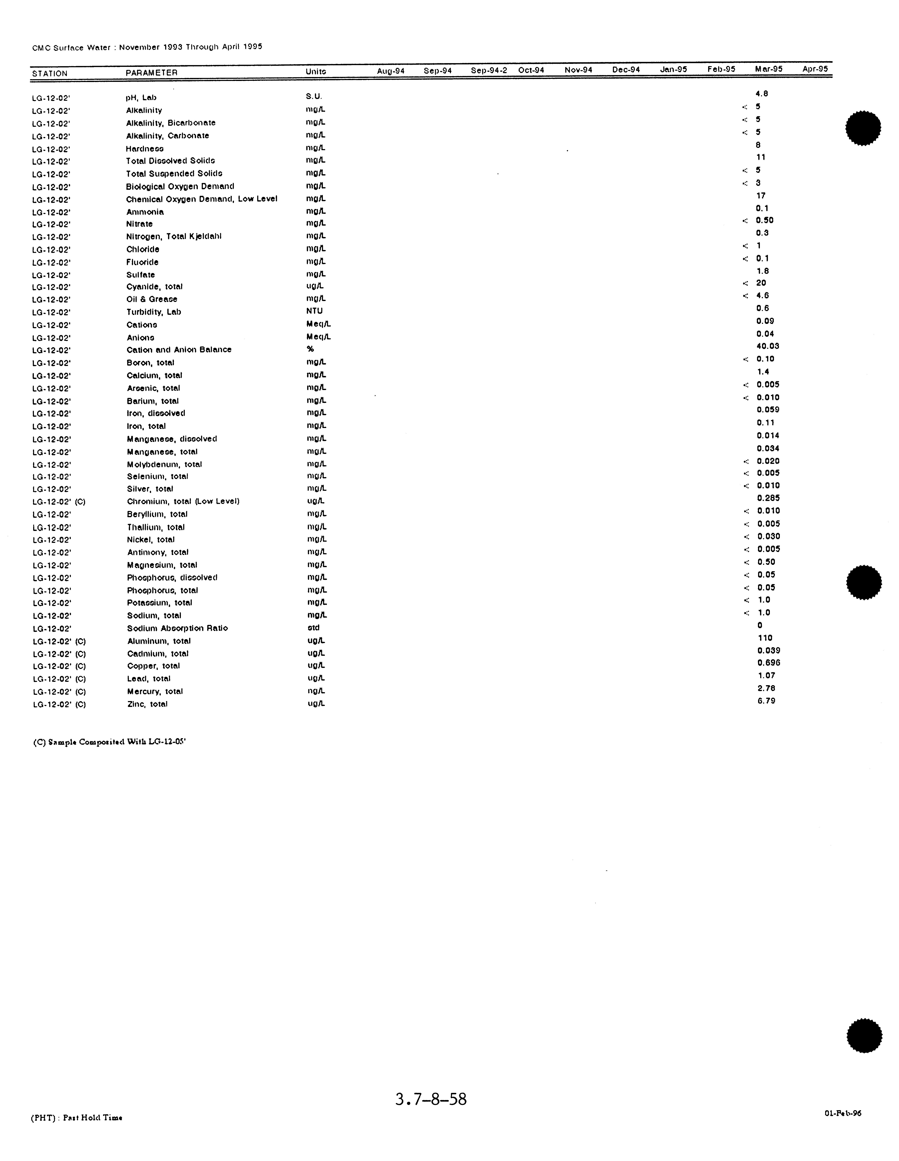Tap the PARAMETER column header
151,72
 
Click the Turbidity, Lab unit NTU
314,311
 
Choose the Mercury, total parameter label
155,692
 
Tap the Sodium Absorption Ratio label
177,628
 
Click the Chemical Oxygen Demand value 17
761,196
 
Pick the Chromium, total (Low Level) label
183,501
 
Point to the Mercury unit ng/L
316,691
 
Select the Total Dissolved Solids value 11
761,157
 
